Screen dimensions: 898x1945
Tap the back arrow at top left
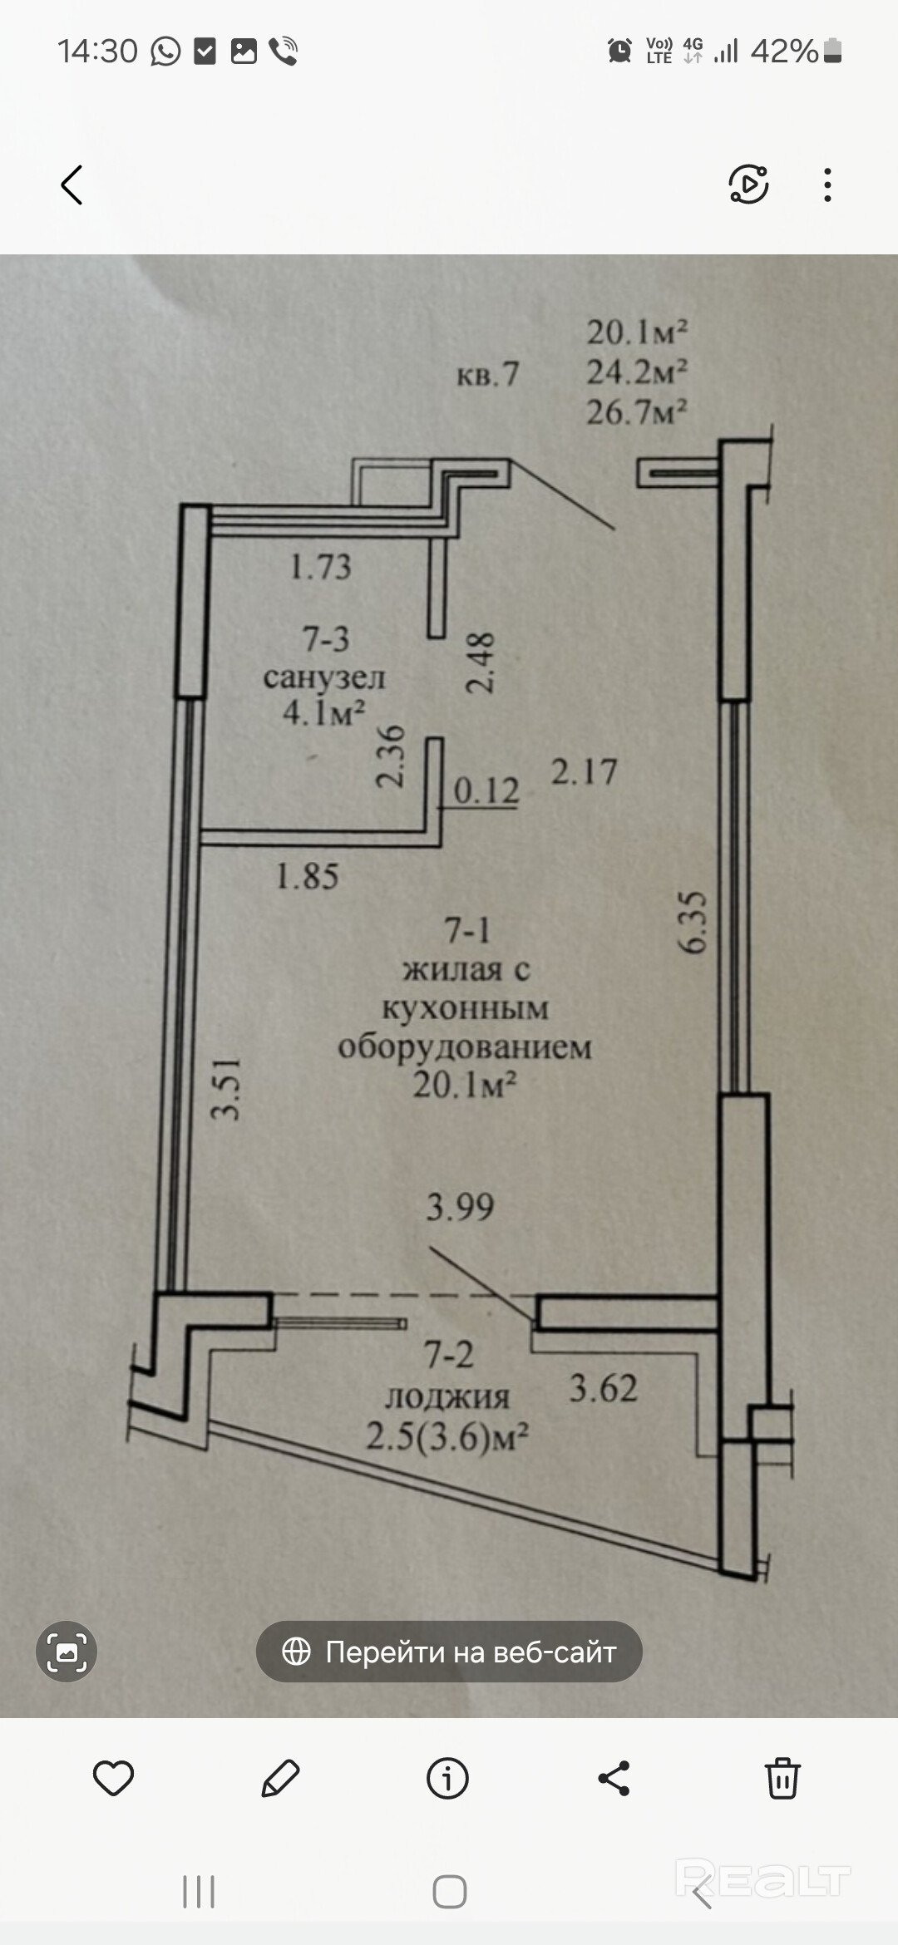point(72,185)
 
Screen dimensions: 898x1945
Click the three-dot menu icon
point(826,185)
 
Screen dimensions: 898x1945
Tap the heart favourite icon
point(113,1779)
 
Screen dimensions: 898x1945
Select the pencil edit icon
point(280,1779)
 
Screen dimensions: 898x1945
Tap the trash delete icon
point(782,1779)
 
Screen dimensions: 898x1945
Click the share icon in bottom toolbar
point(614,1779)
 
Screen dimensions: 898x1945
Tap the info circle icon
point(447,1779)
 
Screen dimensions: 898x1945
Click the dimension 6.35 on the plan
point(693,923)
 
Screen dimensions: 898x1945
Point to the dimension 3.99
point(460,1207)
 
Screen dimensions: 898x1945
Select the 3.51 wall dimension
point(226,1089)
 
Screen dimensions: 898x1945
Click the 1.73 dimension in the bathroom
point(320,568)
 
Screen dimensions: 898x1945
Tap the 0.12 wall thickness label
point(486,790)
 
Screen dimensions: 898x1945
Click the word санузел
point(324,677)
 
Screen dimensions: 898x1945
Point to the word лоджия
point(447,1397)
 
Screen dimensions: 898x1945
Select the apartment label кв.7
point(487,375)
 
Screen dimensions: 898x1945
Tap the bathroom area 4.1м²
point(324,713)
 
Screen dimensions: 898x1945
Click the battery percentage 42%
point(784,52)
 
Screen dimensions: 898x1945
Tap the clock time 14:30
point(97,52)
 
